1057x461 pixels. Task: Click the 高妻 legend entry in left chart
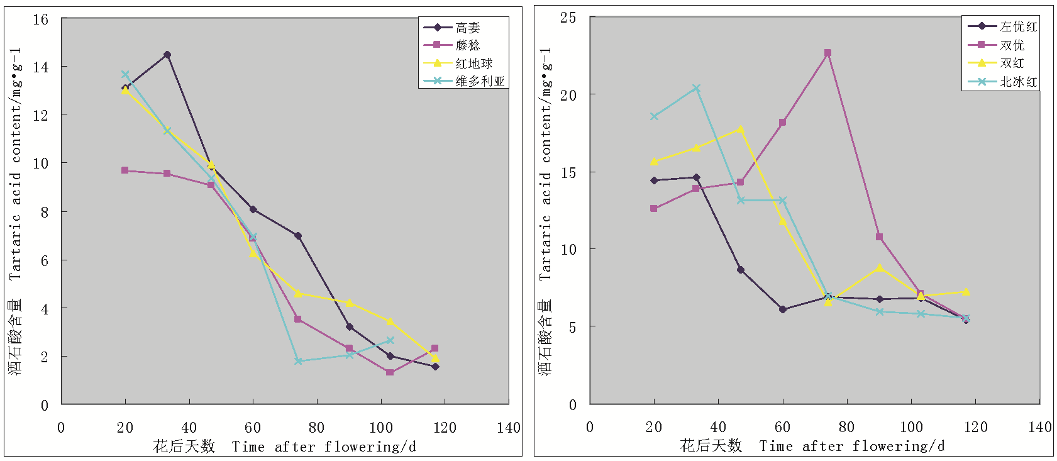click(x=467, y=28)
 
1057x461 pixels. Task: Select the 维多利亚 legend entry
click(x=480, y=81)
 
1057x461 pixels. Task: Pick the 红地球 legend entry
click(x=473, y=64)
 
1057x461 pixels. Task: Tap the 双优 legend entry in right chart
click(x=1012, y=45)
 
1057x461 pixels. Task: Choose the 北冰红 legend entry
click(x=1018, y=82)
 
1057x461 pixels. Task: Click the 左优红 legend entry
click(x=1018, y=26)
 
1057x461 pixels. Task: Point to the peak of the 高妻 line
click(x=167, y=55)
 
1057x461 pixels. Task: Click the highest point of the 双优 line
click(x=827, y=53)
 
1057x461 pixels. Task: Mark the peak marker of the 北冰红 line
click(x=696, y=88)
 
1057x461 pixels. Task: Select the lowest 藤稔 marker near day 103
click(x=390, y=372)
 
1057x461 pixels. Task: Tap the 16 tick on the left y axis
click(x=41, y=19)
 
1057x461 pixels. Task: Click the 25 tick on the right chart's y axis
click(x=568, y=18)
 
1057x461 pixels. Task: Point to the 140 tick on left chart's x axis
click(x=508, y=428)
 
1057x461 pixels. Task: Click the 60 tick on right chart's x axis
click(x=782, y=428)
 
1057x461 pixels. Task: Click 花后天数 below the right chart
click(x=711, y=447)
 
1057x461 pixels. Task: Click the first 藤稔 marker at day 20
click(x=125, y=170)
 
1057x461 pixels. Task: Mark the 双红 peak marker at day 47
click(x=741, y=130)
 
